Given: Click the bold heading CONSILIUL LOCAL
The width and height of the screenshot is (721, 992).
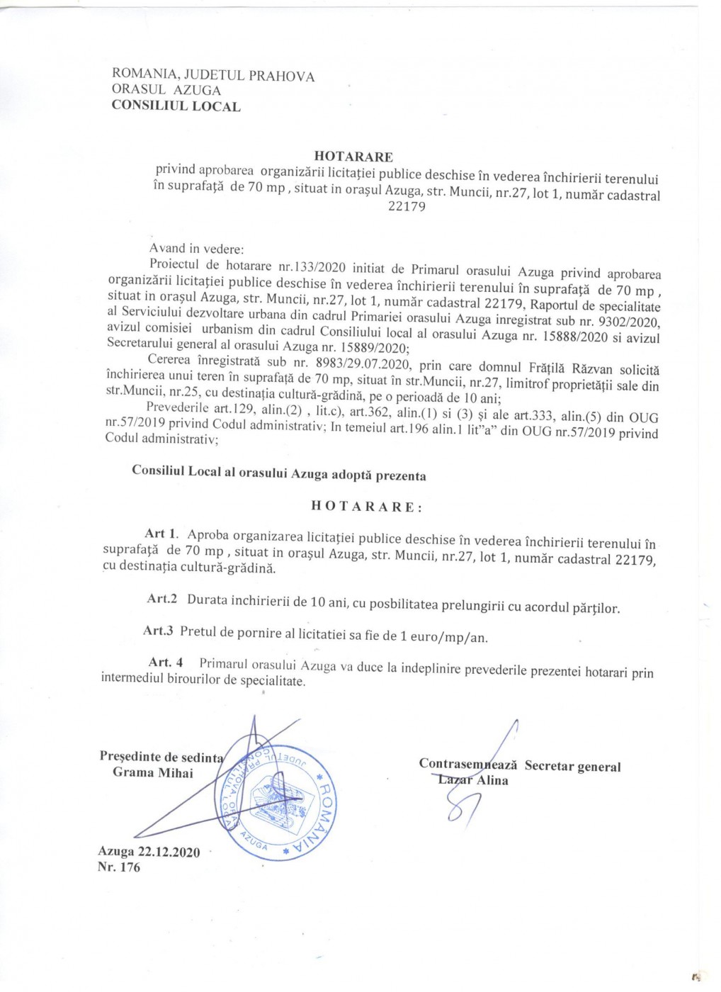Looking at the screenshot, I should pos(176,106).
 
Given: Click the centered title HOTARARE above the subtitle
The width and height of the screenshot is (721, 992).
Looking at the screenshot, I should pos(353,157).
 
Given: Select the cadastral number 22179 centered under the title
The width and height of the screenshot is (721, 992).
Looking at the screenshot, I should pos(407,207).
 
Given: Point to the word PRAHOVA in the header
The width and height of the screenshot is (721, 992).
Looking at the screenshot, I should pos(281,77).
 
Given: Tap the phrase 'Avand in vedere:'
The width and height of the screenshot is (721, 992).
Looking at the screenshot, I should pos(196,249).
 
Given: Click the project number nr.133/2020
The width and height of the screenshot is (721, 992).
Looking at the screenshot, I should pos(312,267).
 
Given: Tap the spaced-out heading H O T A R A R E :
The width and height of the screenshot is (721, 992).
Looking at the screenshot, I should pos(367,507).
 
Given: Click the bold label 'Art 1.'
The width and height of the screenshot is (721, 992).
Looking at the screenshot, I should pos(161,534).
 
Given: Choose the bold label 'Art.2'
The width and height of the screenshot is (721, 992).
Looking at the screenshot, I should pos(161,599).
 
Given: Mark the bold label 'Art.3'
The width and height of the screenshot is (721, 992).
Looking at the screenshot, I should pos(158,631).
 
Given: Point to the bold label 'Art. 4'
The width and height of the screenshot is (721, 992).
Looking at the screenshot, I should pos(166,663).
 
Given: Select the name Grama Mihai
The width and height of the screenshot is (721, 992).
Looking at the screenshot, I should pos(152,772).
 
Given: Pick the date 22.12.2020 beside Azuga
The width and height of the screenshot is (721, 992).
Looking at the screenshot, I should pos(169,852).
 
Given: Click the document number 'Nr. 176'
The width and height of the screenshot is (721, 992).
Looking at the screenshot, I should pos(119,867).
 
